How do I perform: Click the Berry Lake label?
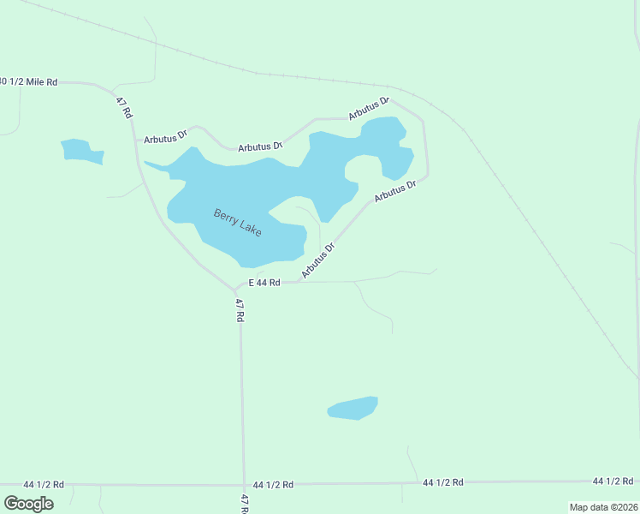point(237,223)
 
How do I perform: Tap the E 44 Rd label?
point(264,283)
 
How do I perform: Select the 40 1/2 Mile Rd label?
point(28,81)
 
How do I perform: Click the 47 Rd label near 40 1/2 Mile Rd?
point(125,107)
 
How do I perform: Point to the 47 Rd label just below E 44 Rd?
point(240,308)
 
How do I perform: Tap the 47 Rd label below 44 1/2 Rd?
point(245,503)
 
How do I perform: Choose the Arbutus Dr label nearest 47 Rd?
point(165,137)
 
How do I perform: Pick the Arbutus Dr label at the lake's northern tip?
point(368,109)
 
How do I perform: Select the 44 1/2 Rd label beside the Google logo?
point(44,485)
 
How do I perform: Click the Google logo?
point(28,504)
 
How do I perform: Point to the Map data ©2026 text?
point(603,506)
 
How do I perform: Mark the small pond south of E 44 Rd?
point(353,408)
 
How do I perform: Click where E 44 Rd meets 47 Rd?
point(237,290)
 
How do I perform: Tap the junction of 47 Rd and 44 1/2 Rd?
point(244,485)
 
